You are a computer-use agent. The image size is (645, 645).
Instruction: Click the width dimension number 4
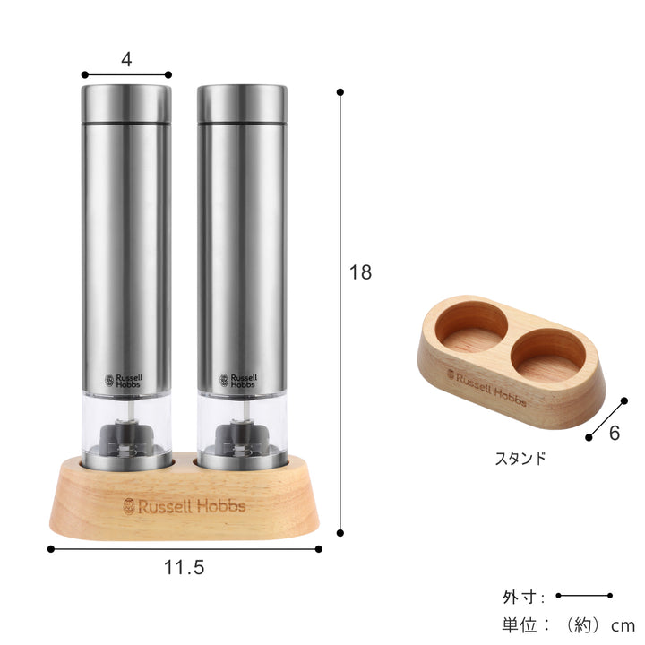coord(126,60)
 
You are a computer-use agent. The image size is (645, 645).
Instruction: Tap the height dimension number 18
coord(360,272)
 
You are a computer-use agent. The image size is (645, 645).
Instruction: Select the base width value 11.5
coord(184,567)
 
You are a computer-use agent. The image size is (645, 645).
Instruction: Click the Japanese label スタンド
coord(520,458)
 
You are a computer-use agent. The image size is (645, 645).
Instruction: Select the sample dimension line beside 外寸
coord(583,596)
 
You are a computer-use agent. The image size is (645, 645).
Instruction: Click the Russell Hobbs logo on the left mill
coord(123,381)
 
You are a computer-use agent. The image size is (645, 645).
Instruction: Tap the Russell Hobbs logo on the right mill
coord(238,381)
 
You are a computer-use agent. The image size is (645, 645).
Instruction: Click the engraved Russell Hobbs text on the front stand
coord(184,506)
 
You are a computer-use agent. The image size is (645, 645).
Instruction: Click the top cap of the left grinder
coord(126,104)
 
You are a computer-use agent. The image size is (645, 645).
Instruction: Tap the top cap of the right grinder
coord(242,104)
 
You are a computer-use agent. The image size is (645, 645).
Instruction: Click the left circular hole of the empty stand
coord(472,329)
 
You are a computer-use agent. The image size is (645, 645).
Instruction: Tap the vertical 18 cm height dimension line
coord(340,314)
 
